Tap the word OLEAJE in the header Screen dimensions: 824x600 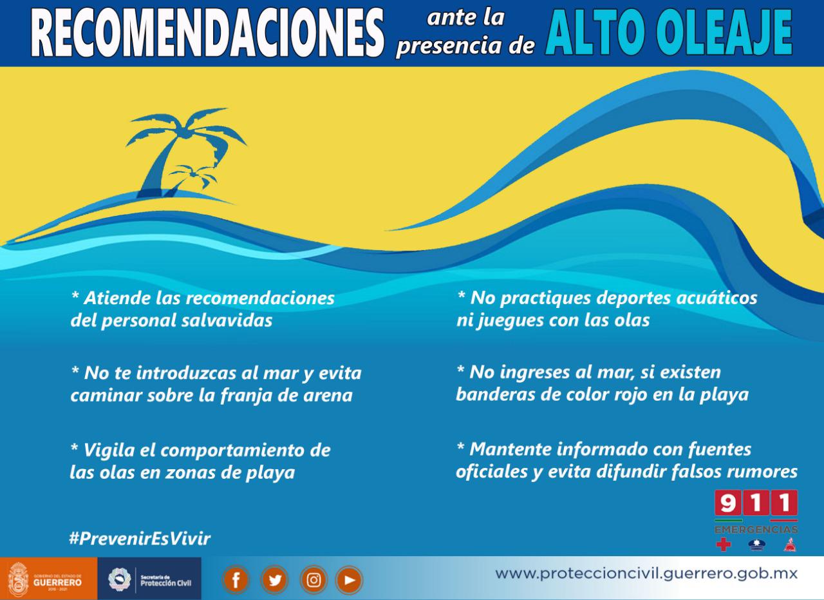(x=724, y=32)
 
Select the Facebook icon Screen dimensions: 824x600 (x=236, y=580)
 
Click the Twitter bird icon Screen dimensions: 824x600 (x=274, y=580)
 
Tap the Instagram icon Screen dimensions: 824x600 (x=314, y=580)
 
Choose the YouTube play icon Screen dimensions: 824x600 (x=349, y=580)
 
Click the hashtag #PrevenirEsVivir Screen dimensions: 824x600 (x=140, y=539)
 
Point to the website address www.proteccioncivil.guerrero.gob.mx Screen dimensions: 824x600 (x=646, y=574)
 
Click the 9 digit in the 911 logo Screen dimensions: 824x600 (x=728, y=503)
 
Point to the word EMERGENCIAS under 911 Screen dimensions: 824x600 (x=756, y=530)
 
